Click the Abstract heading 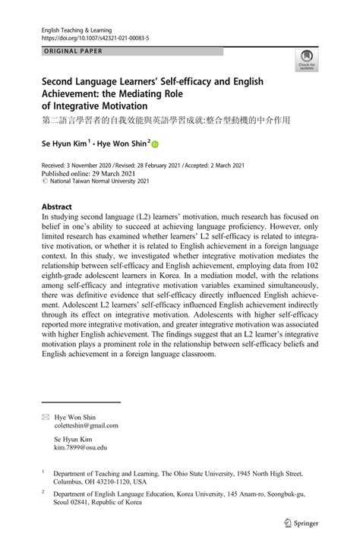pyautogui.click(x=57, y=207)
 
